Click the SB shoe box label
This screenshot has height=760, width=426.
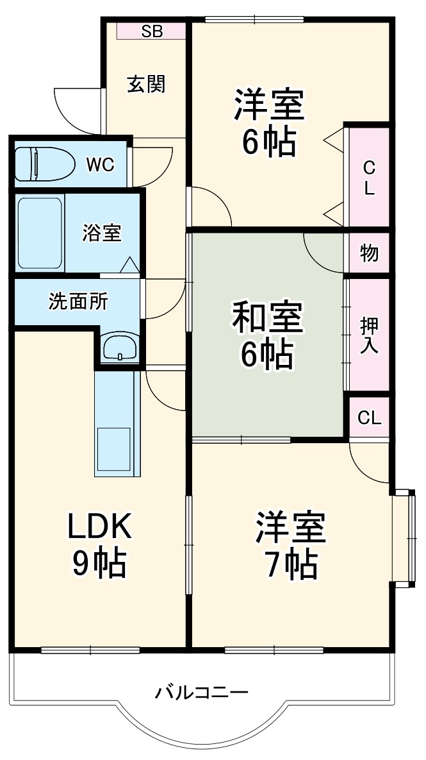coord(152,31)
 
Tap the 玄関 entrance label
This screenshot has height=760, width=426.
coord(146,84)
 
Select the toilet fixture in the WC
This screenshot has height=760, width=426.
coord(45,164)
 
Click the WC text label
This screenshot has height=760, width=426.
coord(100,165)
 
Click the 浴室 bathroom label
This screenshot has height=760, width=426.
coord(102,233)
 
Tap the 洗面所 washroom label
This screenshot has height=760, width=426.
coord(78,302)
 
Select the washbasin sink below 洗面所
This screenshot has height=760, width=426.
coord(120,346)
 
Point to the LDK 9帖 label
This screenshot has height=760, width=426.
coord(100,545)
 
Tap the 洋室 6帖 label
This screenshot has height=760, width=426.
coord(269,122)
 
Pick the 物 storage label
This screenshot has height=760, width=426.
coord(369,253)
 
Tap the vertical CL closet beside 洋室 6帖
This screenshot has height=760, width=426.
coord(369,178)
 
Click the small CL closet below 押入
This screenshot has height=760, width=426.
coord(370,418)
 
